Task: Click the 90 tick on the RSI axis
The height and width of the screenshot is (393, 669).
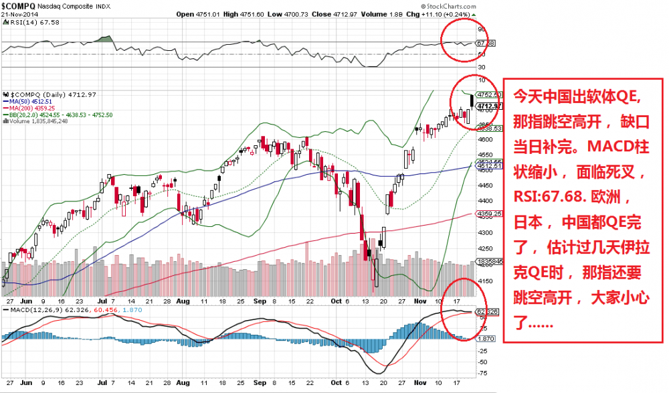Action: [x=480, y=29]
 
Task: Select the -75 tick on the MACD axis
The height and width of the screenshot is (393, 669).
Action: [x=482, y=372]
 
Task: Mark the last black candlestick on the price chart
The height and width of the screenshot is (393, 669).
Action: [x=472, y=101]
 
